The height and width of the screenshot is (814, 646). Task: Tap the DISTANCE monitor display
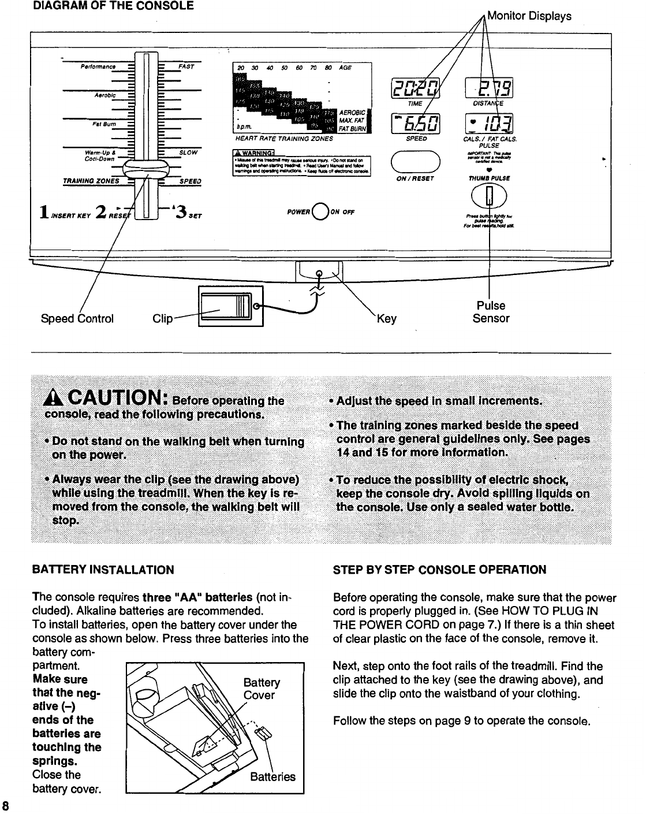pos(490,88)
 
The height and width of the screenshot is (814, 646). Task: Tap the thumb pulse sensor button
pos(490,198)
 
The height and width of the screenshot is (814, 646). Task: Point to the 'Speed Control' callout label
pos(77,318)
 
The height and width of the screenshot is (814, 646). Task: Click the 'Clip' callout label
pos(162,318)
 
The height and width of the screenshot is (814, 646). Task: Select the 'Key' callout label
pos(386,318)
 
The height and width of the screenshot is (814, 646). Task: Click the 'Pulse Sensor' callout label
pos(491,312)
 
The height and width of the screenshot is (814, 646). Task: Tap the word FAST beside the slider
pos(186,66)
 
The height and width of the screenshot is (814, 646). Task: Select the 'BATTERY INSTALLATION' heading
pos(103,570)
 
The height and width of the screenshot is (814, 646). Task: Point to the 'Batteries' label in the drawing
pos(272,777)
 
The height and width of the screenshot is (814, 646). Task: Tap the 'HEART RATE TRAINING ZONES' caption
pos(284,139)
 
